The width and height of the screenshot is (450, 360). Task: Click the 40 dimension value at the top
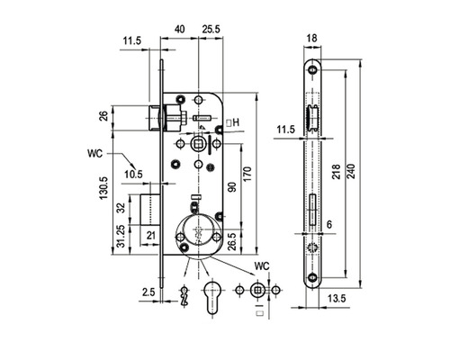coord(180,29)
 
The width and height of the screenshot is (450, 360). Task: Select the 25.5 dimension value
coord(211,29)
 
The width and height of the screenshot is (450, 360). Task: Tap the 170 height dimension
coord(247,174)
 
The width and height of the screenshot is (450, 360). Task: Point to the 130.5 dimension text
coord(103,188)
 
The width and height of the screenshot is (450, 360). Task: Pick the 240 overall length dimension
coord(351,171)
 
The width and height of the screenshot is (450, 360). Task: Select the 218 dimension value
coord(337,172)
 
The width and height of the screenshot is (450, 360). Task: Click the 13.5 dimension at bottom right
coord(337,299)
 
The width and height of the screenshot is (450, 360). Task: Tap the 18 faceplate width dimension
coord(312,39)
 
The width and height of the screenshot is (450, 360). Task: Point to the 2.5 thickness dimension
coord(148,292)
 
